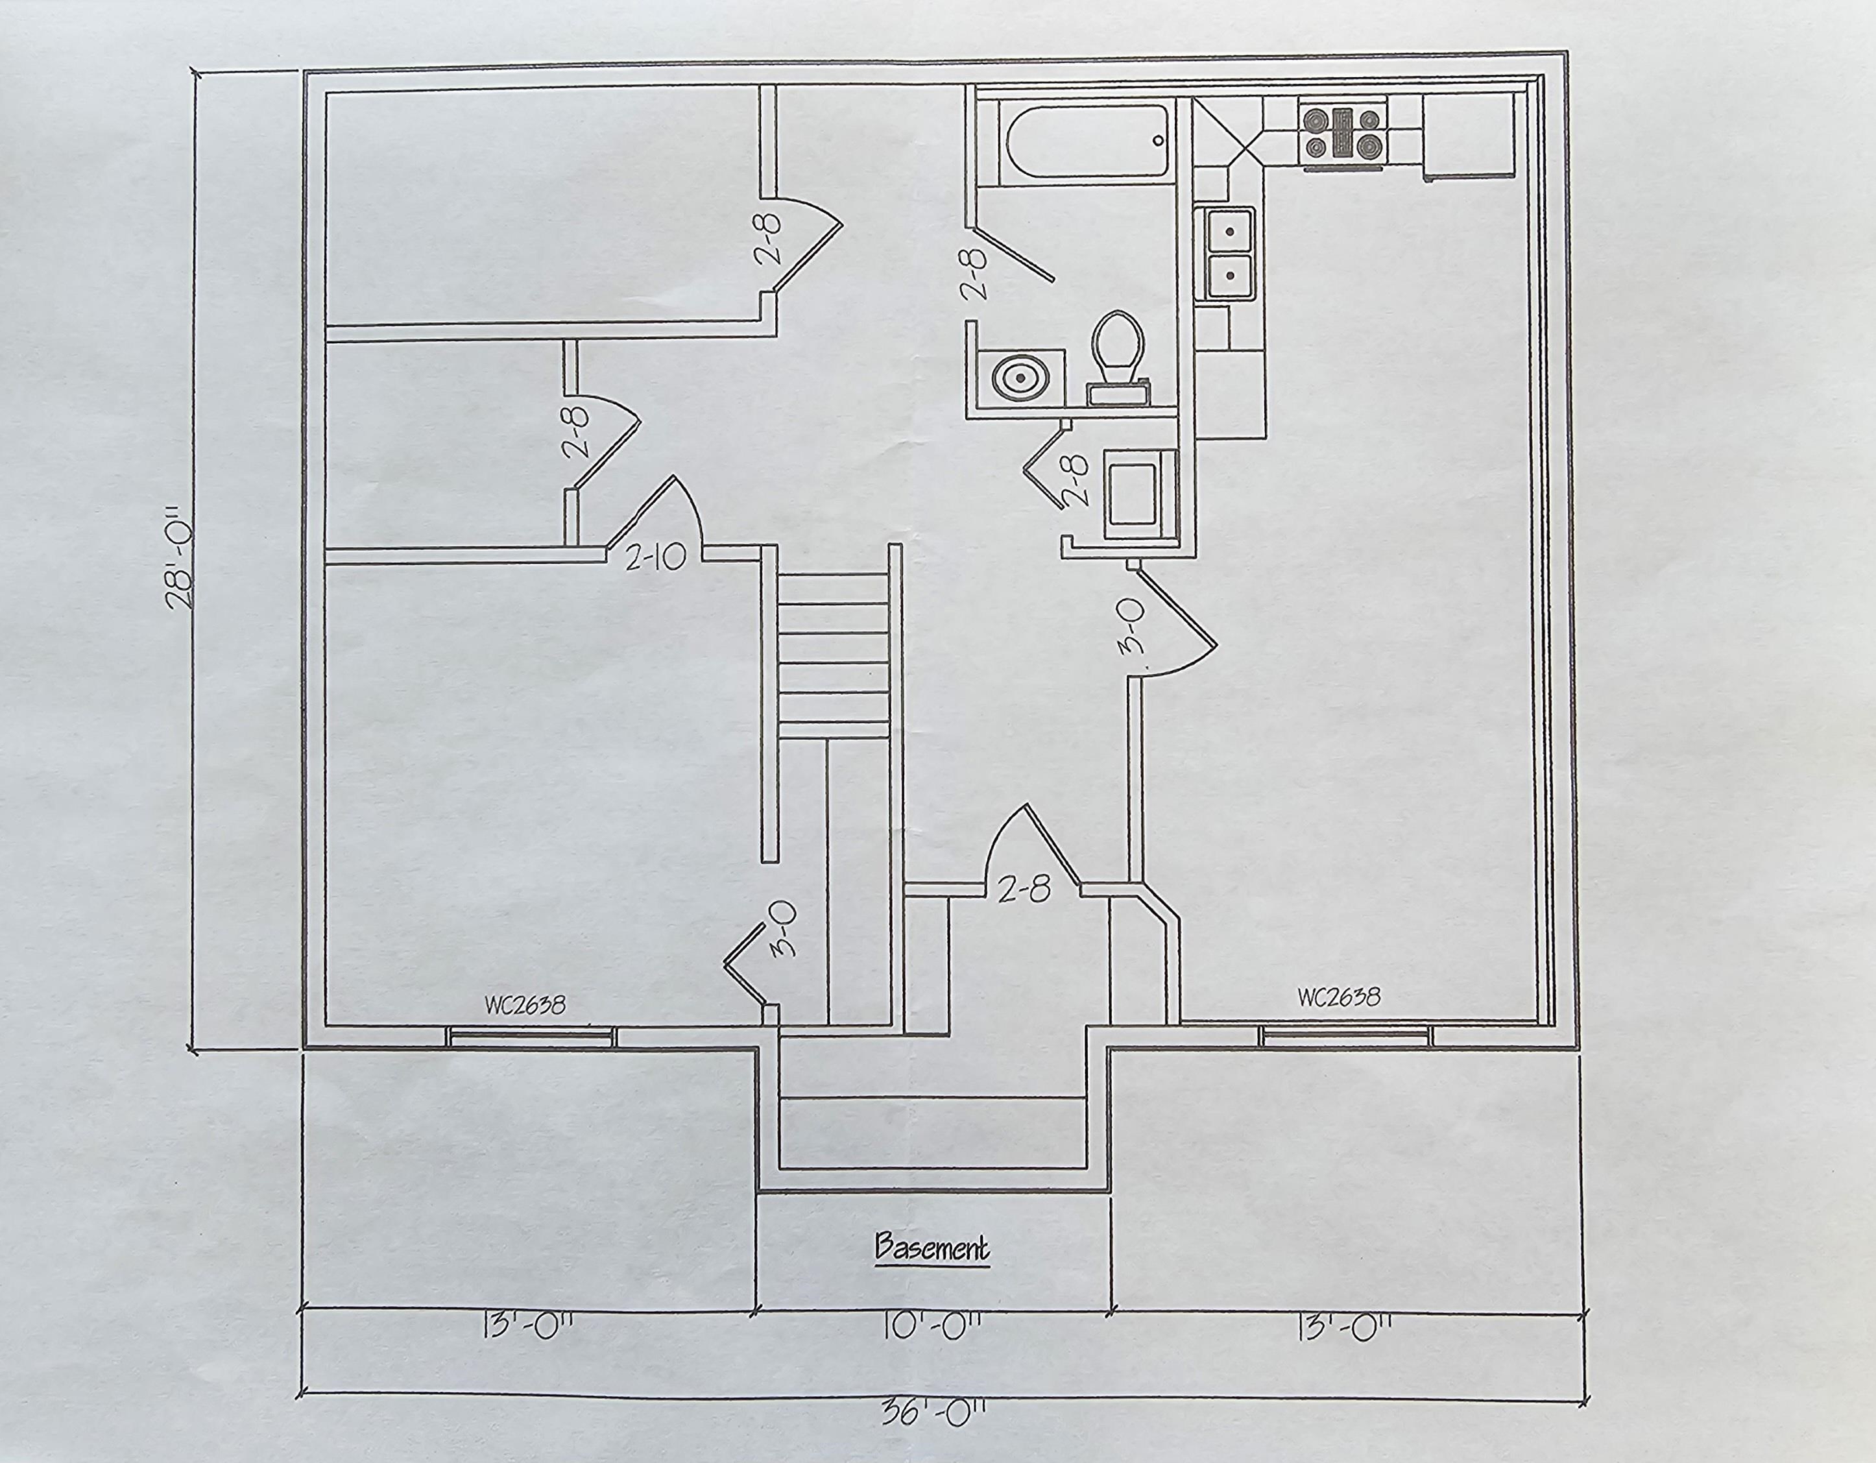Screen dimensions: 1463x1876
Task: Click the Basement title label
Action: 932,1248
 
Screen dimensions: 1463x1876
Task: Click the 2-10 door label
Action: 655,559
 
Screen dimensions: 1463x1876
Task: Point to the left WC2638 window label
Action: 525,1005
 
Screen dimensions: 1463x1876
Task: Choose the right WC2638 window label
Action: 1338,997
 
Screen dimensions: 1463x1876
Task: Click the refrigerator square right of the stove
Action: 1467,136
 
